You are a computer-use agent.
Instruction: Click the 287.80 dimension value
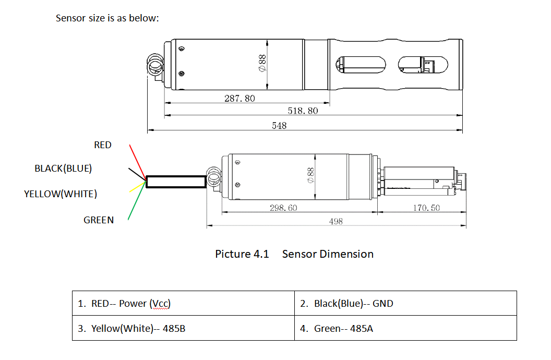pyautogui.click(x=239, y=98)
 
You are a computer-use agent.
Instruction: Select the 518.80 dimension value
pyautogui.click(x=303, y=111)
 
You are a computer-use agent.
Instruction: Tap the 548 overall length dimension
pyautogui.click(x=279, y=126)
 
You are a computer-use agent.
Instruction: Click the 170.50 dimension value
pyautogui.click(x=426, y=208)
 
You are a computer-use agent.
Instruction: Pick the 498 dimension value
pyautogui.click(x=336, y=221)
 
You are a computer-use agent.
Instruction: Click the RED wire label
pyautogui.click(x=103, y=145)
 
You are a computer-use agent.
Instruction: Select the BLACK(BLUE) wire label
pyautogui.click(x=63, y=169)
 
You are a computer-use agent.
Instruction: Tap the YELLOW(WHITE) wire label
pyautogui.click(x=61, y=194)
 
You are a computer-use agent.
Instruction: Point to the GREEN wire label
pyautogui.click(x=99, y=220)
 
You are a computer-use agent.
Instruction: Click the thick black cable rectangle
pyautogui.click(x=176, y=182)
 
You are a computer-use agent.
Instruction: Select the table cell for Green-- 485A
pyautogui.click(x=405, y=328)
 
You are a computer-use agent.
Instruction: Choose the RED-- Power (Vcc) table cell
pyautogui.click(x=183, y=303)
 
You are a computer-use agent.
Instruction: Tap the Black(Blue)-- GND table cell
pyautogui.click(x=405, y=303)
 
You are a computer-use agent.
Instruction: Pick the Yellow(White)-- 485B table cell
pyautogui.click(x=183, y=328)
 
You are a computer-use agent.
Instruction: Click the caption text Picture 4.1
pyautogui.click(x=242, y=254)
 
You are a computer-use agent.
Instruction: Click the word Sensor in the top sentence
pyautogui.click(x=70, y=18)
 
